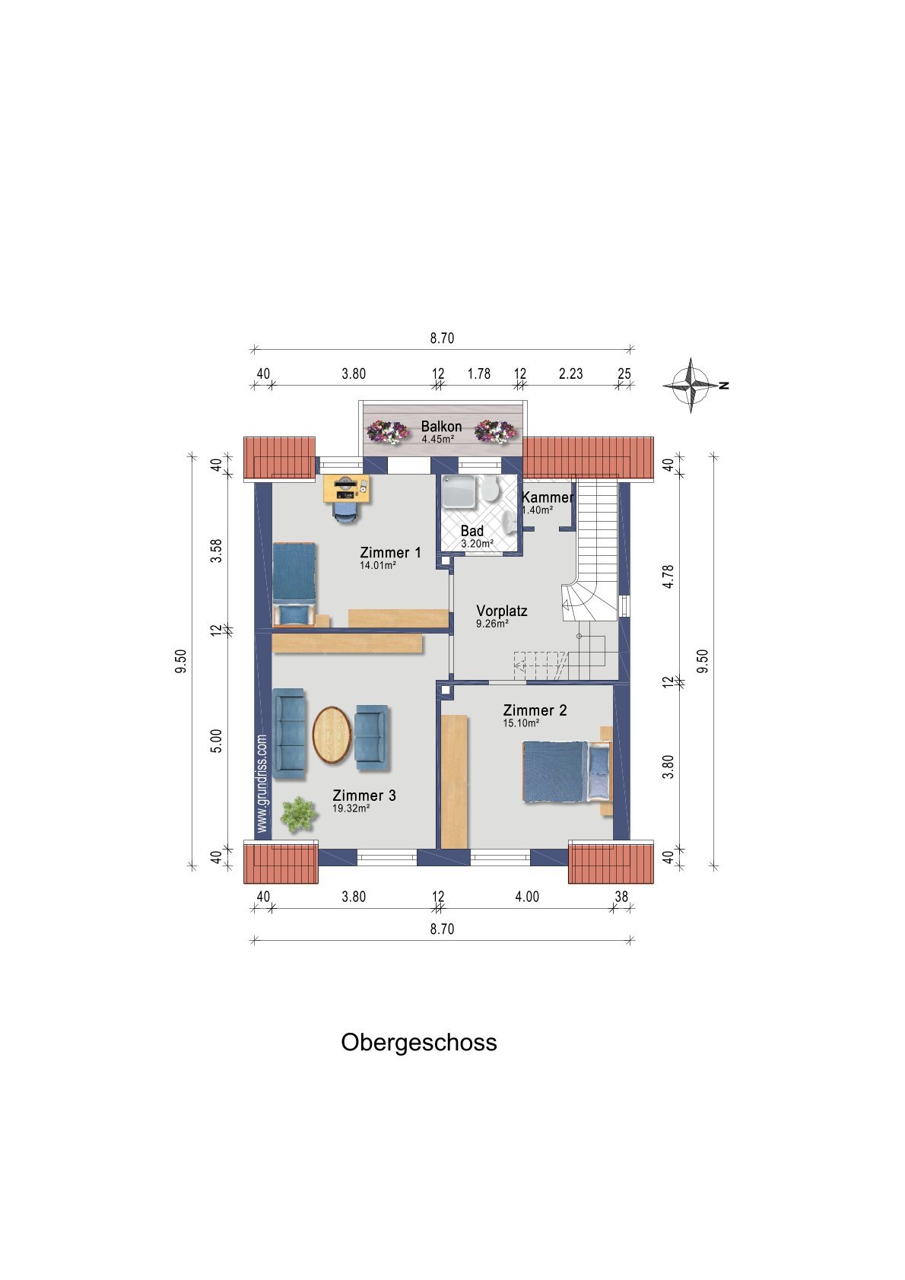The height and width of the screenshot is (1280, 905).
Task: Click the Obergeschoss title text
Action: point(418,1042)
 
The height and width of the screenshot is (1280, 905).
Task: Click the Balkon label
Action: point(441,427)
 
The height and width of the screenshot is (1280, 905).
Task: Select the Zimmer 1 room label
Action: point(390,553)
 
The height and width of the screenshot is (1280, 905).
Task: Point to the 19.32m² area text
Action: point(351,809)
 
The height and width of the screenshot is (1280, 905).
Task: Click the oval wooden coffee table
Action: point(332,735)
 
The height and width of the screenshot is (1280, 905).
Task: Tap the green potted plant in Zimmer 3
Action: point(298,814)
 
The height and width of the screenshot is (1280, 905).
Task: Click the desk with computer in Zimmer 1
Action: point(346,488)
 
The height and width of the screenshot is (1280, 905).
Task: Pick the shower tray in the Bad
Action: point(459,491)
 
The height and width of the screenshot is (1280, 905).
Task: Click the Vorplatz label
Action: point(501,611)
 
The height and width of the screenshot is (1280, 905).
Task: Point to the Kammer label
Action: point(547,497)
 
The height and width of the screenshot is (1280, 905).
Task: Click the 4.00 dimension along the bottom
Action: point(526,897)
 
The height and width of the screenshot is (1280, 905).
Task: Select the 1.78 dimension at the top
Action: point(478,373)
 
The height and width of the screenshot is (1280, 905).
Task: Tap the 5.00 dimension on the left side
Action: point(215,741)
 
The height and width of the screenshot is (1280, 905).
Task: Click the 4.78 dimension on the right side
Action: point(668,576)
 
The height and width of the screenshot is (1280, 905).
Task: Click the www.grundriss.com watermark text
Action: point(262,783)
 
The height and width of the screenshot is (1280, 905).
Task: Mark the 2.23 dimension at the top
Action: point(570,373)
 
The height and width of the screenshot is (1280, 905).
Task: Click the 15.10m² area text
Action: point(521,723)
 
